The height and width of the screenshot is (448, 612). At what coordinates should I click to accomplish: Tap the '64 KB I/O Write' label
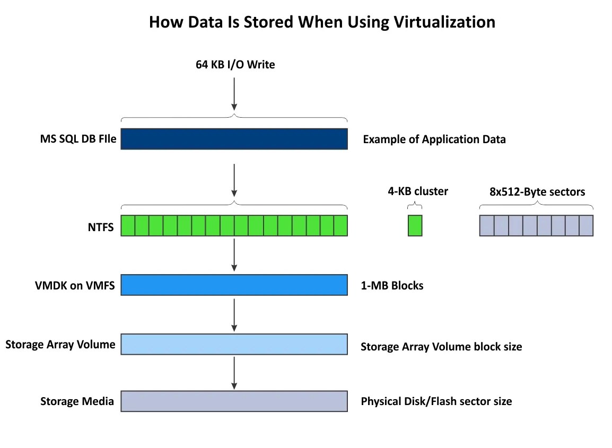pos(234,65)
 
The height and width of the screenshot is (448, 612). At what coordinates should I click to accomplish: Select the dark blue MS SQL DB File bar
pos(234,139)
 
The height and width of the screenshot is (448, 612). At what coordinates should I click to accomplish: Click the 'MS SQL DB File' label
pos(78,139)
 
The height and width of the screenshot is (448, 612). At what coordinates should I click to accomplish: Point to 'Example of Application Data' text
pos(434,139)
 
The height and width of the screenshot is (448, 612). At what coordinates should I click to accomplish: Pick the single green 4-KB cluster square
pos(415,225)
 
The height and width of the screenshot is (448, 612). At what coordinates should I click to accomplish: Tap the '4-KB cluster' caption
pos(417,191)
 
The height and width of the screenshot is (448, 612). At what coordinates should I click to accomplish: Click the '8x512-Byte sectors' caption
pos(537,191)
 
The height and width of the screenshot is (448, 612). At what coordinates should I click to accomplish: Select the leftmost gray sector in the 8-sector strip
pos(487,225)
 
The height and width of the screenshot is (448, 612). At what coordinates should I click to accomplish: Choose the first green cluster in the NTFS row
pos(128,225)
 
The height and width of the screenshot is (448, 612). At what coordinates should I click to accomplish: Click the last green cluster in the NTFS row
pos(340,225)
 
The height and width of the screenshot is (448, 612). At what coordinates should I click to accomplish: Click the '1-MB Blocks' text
pos(392,286)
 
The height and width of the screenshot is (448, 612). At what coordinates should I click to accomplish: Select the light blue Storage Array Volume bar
pos(234,344)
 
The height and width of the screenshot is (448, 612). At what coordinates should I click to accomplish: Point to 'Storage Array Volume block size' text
pos(441,347)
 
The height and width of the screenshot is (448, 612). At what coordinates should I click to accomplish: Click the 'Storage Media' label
pos(77,401)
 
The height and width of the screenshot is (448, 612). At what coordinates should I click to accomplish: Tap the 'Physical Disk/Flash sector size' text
pos(436,401)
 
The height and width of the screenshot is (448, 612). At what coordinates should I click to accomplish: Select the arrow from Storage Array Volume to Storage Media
pos(234,372)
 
